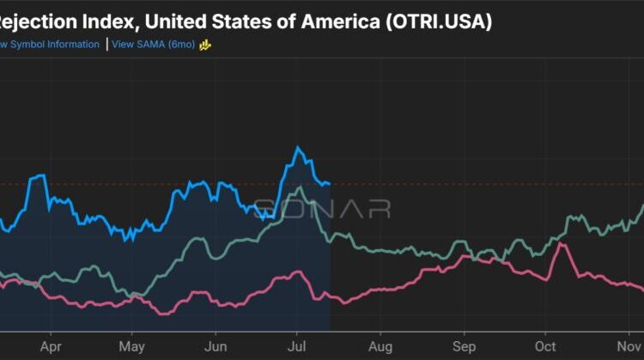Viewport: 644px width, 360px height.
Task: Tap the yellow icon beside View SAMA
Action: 205,44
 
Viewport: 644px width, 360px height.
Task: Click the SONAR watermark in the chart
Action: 322,209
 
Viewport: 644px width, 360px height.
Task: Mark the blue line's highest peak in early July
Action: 298,148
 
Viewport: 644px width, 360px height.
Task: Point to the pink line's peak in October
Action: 561,244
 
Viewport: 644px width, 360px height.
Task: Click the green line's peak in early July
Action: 296,186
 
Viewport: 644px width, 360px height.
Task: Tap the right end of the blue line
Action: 330,183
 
